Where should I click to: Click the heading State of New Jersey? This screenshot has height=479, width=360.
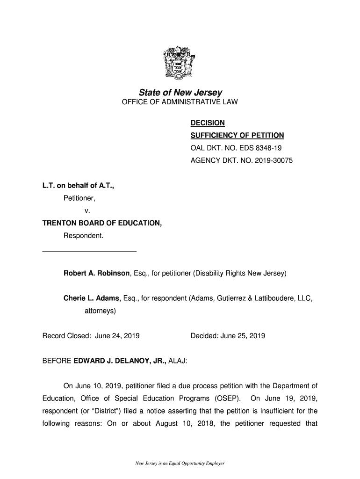(180, 93)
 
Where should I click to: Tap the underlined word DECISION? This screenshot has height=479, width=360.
(208, 123)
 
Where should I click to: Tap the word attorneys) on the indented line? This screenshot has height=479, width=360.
(100, 310)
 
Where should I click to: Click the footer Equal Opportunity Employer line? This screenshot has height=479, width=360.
(180, 464)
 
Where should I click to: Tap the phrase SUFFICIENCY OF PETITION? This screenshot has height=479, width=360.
(237, 136)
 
